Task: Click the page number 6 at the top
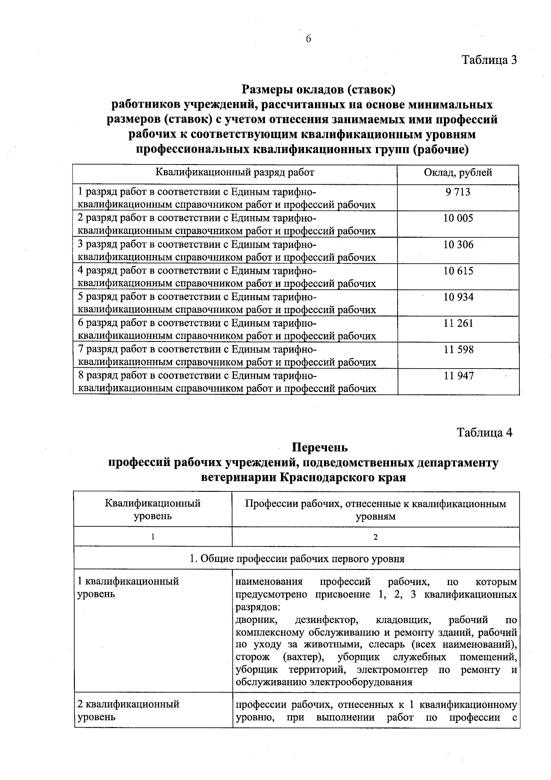click(x=309, y=39)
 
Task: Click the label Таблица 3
click(x=489, y=60)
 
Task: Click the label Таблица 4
click(x=484, y=433)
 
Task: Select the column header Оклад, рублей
click(x=458, y=173)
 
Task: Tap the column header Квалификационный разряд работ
click(x=235, y=173)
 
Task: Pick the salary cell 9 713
click(x=458, y=192)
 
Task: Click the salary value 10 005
click(x=458, y=218)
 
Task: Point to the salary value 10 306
click(x=458, y=245)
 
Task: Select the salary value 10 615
click(x=458, y=271)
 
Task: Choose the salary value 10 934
click(x=458, y=297)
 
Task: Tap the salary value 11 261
click(x=458, y=323)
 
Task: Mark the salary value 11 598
click(x=458, y=350)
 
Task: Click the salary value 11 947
click(x=458, y=376)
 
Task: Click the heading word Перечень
click(x=320, y=447)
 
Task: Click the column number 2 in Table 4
click(x=376, y=537)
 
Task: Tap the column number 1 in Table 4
click(x=152, y=537)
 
